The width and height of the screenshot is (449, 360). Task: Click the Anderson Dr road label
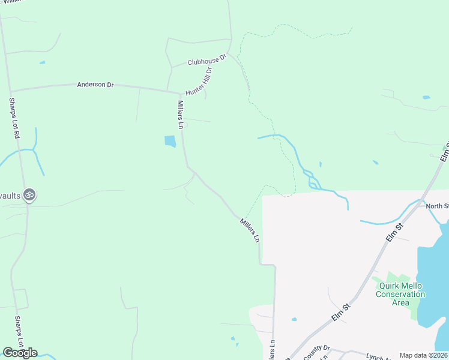click(95, 85)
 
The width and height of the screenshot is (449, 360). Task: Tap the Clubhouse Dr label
click(206, 61)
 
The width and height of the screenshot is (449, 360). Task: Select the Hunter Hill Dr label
click(199, 82)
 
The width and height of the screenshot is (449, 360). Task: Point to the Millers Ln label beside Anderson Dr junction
click(179, 115)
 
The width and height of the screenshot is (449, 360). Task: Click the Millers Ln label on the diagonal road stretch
click(250, 230)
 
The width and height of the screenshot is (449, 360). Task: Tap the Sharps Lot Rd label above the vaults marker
click(13, 119)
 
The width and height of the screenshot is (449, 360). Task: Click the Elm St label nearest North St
click(394, 232)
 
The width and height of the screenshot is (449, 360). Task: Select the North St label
click(438, 206)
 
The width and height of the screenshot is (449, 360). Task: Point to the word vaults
click(11, 195)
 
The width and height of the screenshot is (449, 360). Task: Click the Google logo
click(20, 353)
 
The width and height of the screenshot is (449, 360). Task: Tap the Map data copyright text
click(423, 355)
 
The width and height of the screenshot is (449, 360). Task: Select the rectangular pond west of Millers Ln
click(170, 142)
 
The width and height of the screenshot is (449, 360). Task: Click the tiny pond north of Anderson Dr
click(42, 62)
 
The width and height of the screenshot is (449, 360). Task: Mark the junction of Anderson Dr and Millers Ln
click(181, 94)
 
